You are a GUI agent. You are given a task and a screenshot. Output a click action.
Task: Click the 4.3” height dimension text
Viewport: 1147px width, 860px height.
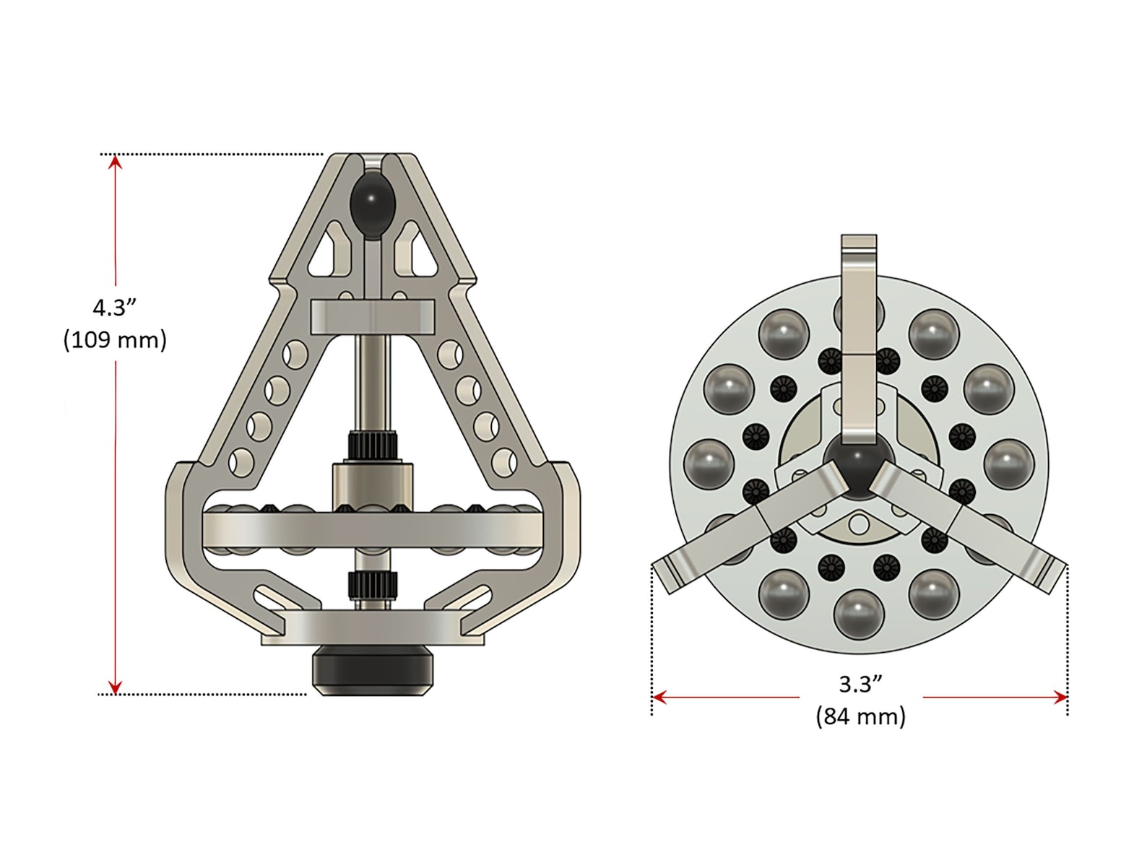(115, 308)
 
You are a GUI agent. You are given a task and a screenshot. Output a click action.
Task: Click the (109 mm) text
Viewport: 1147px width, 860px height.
(115, 339)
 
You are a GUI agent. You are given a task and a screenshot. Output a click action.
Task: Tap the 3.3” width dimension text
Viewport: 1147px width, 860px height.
(860, 684)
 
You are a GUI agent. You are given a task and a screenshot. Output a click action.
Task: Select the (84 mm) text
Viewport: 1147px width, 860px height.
(860, 716)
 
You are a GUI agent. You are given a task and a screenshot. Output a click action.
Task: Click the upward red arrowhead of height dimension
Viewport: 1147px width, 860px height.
(115, 162)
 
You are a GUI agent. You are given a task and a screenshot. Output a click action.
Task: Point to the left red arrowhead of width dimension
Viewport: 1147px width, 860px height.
(659, 698)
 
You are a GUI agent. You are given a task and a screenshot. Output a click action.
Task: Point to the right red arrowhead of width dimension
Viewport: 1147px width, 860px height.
(1060, 698)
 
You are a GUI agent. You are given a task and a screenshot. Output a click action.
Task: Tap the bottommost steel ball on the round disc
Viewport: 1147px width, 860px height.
(859, 614)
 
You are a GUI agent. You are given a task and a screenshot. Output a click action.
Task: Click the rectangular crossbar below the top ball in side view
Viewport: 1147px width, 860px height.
(373, 317)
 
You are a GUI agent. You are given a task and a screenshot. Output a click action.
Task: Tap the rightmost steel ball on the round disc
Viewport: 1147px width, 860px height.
(1009, 463)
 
